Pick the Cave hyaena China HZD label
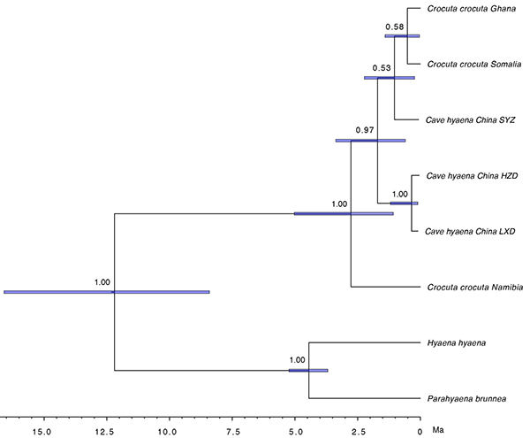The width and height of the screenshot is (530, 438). tap(470, 176)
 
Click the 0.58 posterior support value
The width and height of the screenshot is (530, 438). tap(395, 27)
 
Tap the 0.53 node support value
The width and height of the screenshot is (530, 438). tap(382, 68)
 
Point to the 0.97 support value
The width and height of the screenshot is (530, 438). tap(364, 130)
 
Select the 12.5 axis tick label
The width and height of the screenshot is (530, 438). tap(104, 432)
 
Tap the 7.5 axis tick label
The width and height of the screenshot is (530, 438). tap(232, 432)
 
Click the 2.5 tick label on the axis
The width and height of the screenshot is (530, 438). tap(358, 432)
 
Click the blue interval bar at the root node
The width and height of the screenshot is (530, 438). tap(106, 292)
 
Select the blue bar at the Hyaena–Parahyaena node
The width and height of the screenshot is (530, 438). tap(308, 371)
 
